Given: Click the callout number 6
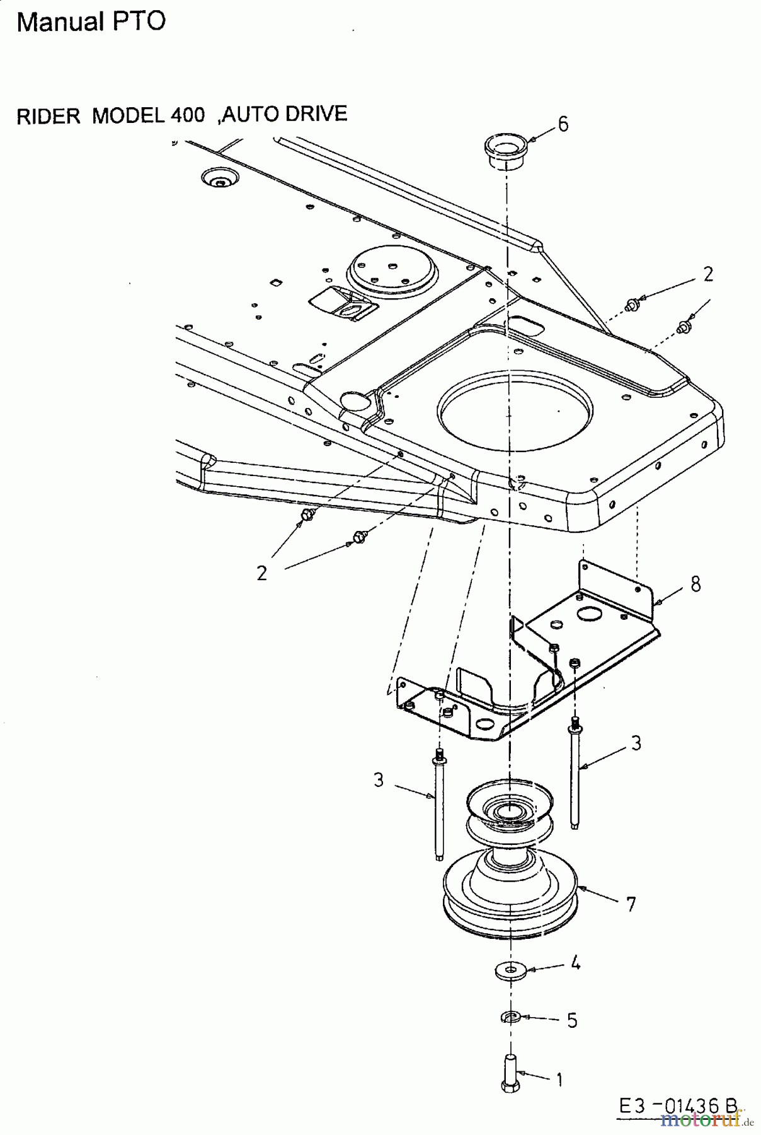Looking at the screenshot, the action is pos(563,124).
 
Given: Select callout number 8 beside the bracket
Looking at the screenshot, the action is pos(695,584).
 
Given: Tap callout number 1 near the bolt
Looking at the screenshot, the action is pos(559,1080).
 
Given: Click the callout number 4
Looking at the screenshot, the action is pos(575,963).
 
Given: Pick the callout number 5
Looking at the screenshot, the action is pos(572,1020).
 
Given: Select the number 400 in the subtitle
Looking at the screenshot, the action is pos(187,115).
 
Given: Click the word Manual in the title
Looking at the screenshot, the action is pos(60,21).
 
